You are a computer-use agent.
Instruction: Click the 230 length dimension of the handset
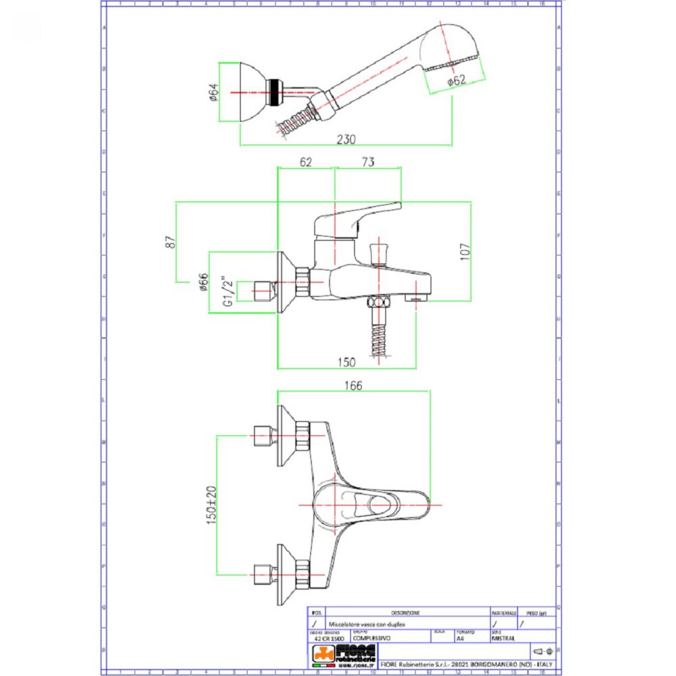[346, 140]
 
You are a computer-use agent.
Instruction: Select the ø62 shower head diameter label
[456, 81]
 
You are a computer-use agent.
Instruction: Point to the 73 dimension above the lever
[368, 162]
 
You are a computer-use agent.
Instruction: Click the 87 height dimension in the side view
[170, 242]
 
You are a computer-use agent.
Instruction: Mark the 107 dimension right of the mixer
[465, 252]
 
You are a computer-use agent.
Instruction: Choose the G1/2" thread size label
[228, 291]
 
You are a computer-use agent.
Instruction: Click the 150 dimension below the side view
[346, 362]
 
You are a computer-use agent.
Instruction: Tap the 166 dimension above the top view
[353, 385]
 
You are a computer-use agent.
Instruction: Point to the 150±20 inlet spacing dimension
[211, 505]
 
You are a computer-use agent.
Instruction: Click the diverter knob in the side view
[379, 254]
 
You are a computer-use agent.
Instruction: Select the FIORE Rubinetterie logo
[344, 656]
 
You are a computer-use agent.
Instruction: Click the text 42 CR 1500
[329, 638]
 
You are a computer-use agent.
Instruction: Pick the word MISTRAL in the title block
[503, 638]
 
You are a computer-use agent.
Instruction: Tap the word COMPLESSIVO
[372, 638]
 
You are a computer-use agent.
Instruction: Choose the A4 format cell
[460, 638]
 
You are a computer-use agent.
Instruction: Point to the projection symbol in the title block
[544, 652]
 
